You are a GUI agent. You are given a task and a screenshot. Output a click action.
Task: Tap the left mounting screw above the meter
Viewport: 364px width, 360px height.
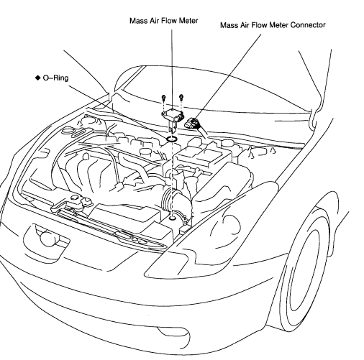tap(164, 98)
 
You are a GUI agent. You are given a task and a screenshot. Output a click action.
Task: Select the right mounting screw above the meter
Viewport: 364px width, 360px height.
tap(181, 98)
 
